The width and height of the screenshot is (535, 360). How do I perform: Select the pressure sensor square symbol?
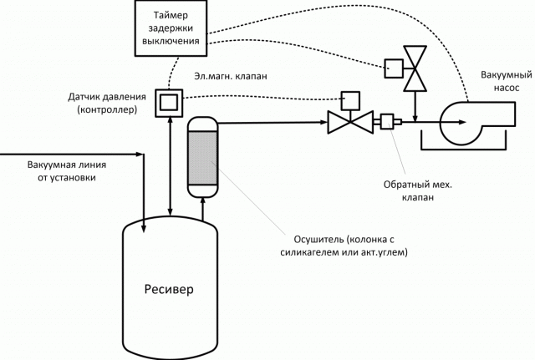(170, 102)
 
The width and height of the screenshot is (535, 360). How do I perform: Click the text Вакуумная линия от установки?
(67, 171)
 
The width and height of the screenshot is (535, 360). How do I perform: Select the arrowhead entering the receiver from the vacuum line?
(145, 221)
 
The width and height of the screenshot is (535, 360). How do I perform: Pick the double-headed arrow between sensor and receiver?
(170, 167)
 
